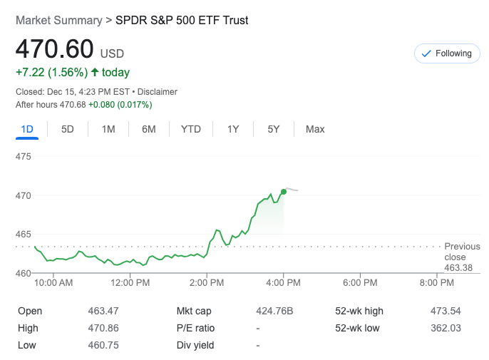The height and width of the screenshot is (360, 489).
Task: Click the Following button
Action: click(x=447, y=53)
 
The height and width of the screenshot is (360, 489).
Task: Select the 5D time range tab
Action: click(x=68, y=129)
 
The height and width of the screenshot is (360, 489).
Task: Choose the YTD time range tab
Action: click(x=190, y=129)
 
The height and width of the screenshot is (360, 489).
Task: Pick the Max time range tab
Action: click(x=315, y=129)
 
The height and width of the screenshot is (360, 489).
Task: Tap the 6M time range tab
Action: click(x=149, y=129)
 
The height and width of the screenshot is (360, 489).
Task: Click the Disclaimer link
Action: click(x=158, y=92)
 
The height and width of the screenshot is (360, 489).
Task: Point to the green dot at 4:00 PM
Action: click(x=284, y=190)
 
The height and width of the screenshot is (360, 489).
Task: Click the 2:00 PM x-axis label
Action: click(x=207, y=282)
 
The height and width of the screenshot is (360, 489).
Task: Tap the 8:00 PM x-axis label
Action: click(x=436, y=282)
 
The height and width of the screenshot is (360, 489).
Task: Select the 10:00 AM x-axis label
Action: click(x=53, y=282)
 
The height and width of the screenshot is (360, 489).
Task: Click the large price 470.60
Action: click(x=55, y=49)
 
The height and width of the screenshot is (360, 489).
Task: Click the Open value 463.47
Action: click(x=104, y=311)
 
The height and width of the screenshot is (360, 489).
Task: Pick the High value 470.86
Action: click(x=104, y=328)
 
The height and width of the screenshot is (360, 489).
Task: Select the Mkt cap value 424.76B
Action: click(x=274, y=311)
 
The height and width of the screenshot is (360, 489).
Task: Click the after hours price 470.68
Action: click(x=71, y=105)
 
